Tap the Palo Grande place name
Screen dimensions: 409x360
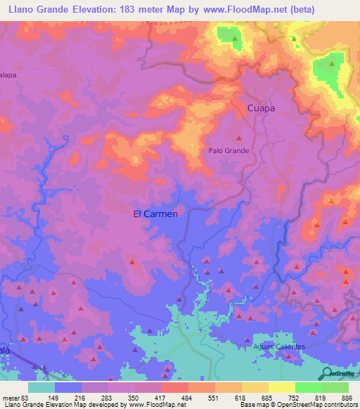tap(229, 150)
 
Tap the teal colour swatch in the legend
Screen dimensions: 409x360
tap(41, 387)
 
